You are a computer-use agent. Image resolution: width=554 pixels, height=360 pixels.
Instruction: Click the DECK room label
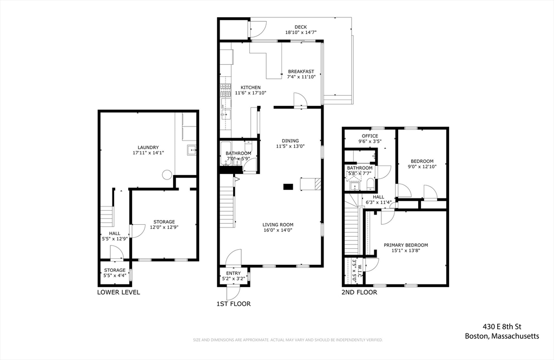[x=301, y=27]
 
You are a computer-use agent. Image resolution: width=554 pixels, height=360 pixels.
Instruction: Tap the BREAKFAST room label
[x=301, y=71]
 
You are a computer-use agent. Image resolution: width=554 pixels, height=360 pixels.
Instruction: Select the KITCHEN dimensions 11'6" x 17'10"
[x=250, y=93]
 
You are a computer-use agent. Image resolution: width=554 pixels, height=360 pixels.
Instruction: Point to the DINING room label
[x=290, y=141]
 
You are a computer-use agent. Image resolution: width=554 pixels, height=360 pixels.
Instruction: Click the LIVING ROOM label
[x=278, y=224]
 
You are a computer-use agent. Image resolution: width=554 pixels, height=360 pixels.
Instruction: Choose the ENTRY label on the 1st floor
[x=233, y=273]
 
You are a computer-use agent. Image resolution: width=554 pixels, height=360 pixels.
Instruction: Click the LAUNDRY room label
[x=148, y=147]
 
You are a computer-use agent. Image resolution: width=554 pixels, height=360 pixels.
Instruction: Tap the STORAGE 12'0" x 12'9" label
[x=164, y=224]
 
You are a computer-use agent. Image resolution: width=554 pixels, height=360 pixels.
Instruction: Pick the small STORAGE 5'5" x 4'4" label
[x=115, y=273]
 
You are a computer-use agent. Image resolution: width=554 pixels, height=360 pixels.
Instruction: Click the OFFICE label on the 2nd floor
[x=370, y=136]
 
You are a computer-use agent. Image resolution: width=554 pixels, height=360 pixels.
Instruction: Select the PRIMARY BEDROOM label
[x=406, y=245]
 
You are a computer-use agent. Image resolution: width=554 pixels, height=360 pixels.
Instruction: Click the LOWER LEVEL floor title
[x=118, y=292]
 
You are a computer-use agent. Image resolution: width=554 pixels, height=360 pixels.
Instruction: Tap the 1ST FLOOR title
[x=234, y=304]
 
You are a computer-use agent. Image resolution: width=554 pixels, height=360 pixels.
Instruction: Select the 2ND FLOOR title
[x=359, y=292]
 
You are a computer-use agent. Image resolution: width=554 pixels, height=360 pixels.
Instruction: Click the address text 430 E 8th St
[x=502, y=326]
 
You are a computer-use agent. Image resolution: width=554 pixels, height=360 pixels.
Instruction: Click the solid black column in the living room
[x=288, y=187]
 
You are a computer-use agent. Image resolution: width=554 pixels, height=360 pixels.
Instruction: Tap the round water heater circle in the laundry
[x=167, y=175]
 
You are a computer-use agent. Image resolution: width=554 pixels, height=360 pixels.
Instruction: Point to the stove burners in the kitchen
[x=225, y=90]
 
